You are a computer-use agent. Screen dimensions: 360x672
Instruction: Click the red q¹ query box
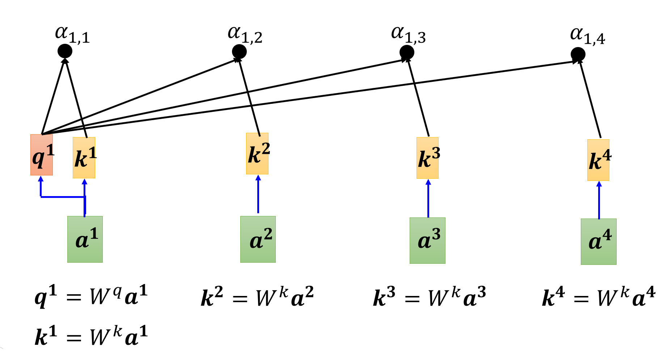[x=42, y=155]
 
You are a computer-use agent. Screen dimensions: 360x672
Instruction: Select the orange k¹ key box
[x=84, y=158]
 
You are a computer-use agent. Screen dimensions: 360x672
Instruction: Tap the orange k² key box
[x=257, y=153]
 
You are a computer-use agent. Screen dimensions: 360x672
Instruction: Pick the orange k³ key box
[x=427, y=158]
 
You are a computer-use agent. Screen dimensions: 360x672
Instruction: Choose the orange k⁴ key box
[x=598, y=160]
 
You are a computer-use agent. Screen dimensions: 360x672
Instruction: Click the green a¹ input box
[x=85, y=239]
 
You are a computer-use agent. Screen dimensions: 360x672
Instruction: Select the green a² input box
[x=258, y=239]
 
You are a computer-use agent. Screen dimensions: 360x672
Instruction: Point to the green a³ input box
[x=427, y=241]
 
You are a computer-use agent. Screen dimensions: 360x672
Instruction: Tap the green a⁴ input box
[x=599, y=242]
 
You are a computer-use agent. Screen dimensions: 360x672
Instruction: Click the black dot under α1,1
[x=65, y=51]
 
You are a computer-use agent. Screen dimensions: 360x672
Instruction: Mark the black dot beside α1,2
[x=239, y=52]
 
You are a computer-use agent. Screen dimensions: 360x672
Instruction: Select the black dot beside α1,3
[x=407, y=52]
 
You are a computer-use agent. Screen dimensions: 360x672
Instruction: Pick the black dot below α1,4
[x=578, y=55]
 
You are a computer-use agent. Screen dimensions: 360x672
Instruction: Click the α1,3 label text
[x=408, y=35]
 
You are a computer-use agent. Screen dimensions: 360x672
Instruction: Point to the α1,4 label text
[x=587, y=36]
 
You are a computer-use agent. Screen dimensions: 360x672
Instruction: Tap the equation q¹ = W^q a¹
[x=91, y=296]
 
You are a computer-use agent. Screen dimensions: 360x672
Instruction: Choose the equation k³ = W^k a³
[x=429, y=297]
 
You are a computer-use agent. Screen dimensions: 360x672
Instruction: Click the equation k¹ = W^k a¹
[x=91, y=336]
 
